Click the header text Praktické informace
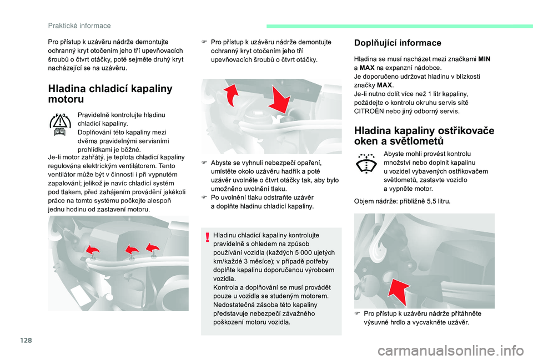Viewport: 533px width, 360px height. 79,26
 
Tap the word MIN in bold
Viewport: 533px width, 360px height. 484,59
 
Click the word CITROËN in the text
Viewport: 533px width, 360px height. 370,111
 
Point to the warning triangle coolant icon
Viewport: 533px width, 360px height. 60,124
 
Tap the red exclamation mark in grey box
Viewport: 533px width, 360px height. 207,236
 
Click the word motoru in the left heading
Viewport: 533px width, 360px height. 66,99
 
